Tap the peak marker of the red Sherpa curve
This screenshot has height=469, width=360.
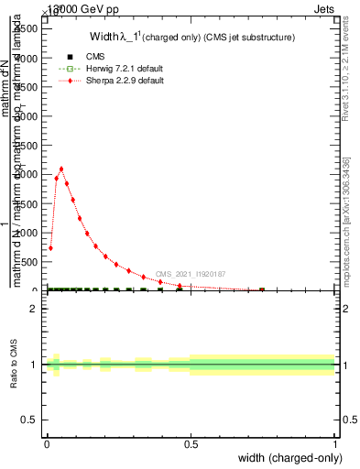click(x=61, y=169)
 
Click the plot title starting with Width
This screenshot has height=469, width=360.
click(x=191, y=38)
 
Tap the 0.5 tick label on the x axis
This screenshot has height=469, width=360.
click(x=191, y=444)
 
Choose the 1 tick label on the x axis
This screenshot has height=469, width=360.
click(x=335, y=444)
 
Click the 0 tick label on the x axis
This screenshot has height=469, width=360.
click(x=47, y=444)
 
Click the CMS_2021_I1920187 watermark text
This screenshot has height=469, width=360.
click(x=190, y=274)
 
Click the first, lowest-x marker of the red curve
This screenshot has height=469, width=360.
click(x=50, y=248)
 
